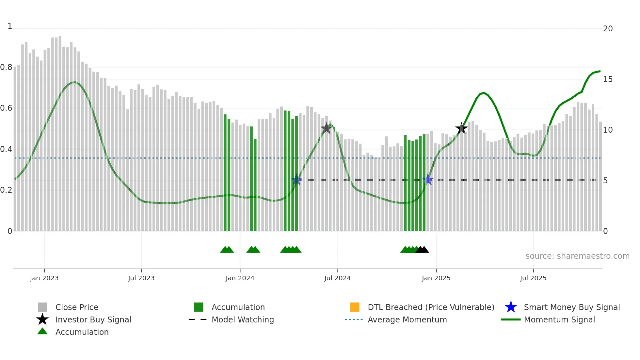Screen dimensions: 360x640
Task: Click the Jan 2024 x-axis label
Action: [240, 278]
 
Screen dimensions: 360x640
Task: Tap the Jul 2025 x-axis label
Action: [533, 278]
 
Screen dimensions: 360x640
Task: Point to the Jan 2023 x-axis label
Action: [44, 278]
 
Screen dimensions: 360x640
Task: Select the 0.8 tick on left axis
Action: [6, 67]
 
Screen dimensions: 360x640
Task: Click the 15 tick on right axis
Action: [608, 79]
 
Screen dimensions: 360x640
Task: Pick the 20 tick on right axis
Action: [608, 29]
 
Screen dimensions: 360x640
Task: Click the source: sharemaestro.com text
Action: [577, 256]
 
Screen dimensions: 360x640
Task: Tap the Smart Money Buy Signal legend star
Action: [511, 307]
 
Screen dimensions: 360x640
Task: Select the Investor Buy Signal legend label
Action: [93, 319]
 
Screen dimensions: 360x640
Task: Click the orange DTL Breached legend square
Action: [355, 307]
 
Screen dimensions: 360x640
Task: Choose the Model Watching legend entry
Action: [242, 319]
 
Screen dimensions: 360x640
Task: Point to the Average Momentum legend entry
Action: [407, 319]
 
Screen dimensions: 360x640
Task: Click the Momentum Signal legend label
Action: [559, 319]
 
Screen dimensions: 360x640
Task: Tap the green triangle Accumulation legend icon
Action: [42, 331]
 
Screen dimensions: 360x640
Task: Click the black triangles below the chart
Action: [422, 250]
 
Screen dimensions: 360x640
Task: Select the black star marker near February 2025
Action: [461, 128]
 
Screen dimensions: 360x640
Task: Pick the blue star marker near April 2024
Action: [296, 180]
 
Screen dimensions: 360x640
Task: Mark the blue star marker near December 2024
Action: [427, 180]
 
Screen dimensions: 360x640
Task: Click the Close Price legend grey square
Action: [42, 307]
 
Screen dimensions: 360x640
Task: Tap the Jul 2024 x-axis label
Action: [337, 278]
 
